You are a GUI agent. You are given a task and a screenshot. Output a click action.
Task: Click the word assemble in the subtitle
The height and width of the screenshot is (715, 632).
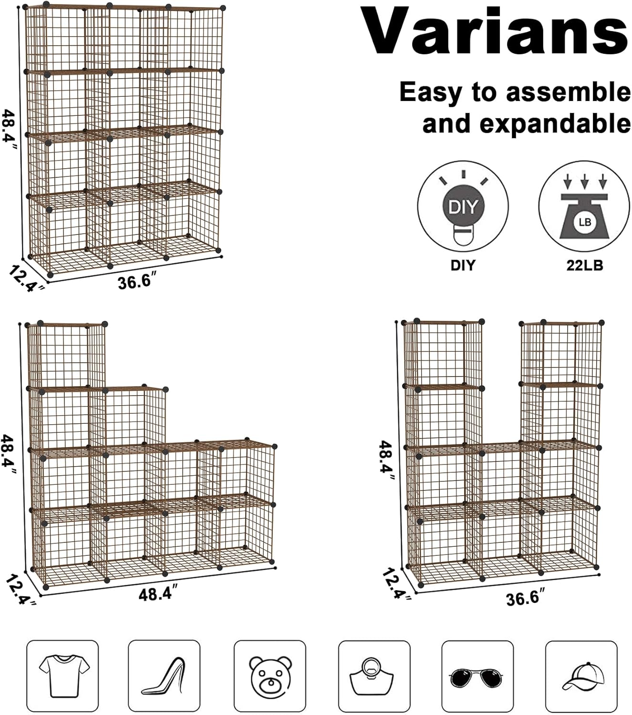pos(569,92)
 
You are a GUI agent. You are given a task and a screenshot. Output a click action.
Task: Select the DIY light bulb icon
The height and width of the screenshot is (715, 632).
pos(463,206)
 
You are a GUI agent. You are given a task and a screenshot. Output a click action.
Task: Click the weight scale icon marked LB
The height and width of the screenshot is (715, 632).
pos(584,206)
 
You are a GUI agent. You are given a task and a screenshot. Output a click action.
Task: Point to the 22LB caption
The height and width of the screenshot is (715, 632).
pos(584,265)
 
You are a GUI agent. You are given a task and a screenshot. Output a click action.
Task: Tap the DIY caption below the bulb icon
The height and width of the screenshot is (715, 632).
pos(463,265)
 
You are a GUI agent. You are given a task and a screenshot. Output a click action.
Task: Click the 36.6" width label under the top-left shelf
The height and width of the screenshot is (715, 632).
pos(135,281)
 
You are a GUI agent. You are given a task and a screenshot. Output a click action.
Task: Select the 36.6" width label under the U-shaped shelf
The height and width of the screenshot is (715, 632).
pos(525,598)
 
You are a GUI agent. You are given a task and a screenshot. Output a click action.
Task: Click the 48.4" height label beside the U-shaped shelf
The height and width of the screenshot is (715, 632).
pos(385,459)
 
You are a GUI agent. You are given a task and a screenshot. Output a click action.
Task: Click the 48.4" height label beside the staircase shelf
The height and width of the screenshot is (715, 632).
pos(10,454)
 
